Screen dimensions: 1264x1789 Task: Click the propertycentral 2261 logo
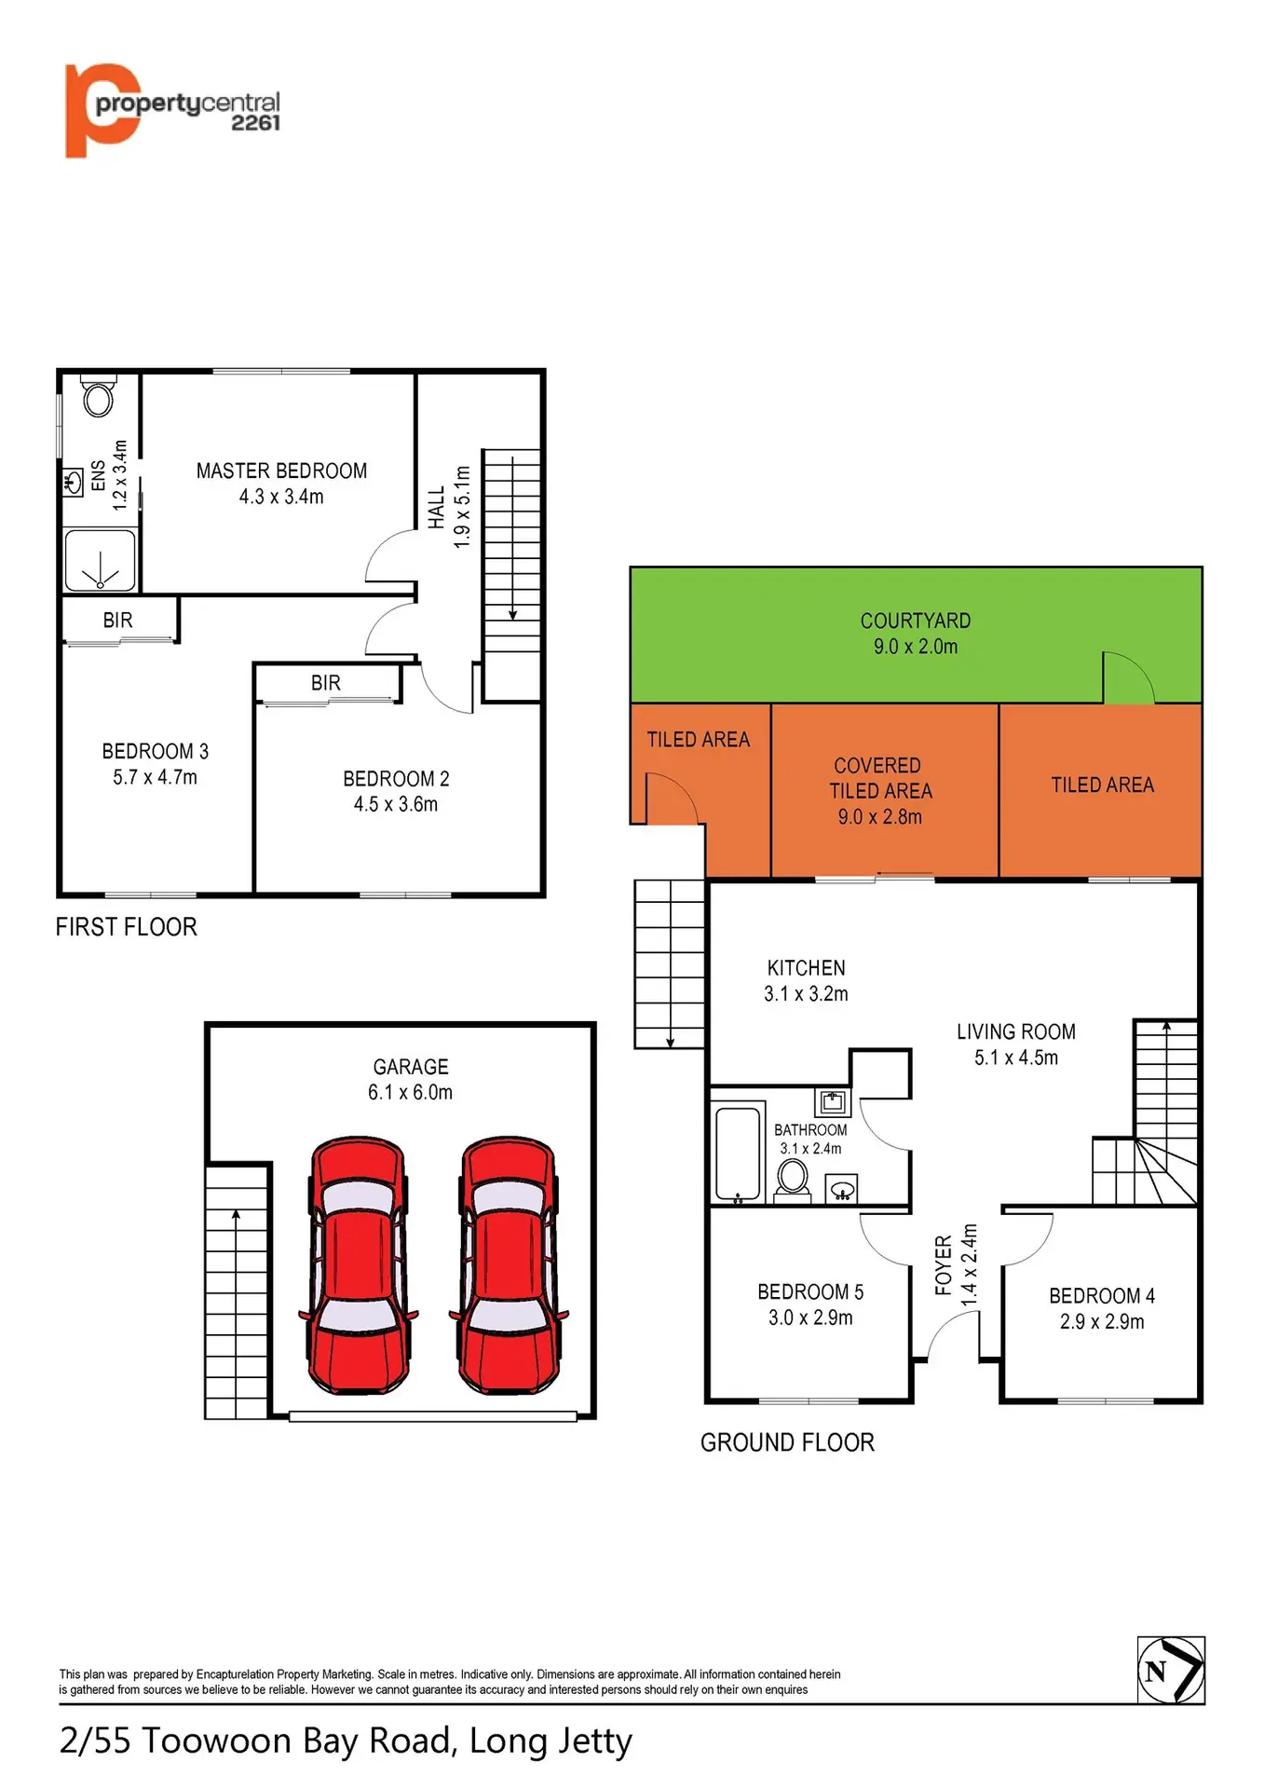(x=172, y=110)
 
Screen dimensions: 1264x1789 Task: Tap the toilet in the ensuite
(x=98, y=396)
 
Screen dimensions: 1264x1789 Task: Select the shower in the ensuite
(x=101, y=560)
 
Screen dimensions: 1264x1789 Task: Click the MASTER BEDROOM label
(x=281, y=471)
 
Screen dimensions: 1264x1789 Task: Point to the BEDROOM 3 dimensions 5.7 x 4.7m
(x=155, y=777)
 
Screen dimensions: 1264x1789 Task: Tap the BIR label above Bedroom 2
(x=326, y=683)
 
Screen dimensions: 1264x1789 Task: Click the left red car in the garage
(x=359, y=1264)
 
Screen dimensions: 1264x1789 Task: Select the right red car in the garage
(x=509, y=1264)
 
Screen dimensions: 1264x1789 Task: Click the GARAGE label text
(x=411, y=1067)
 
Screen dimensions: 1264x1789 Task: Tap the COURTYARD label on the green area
(x=916, y=621)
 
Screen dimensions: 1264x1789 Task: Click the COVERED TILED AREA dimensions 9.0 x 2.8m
(x=879, y=817)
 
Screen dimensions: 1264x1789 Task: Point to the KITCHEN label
(x=807, y=968)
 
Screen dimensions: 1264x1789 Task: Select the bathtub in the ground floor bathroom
(x=738, y=1154)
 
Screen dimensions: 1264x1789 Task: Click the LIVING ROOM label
(x=1016, y=1031)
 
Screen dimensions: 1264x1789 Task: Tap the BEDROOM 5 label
(x=810, y=1292)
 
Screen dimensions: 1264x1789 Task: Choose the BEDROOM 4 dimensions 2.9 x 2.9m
(x=1102, y=1322)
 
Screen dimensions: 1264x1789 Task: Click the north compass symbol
(x=1171, y=1671)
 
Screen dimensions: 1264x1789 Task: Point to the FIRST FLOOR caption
(x=127, y=927)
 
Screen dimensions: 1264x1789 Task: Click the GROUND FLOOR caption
(x=787, y=1442)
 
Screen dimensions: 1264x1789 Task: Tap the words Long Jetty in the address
(x=550, y=1741)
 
